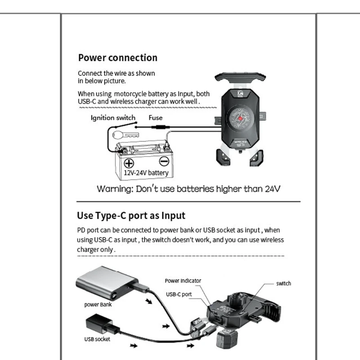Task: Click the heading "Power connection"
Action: (x=117, y=58)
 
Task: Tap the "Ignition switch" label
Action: (x=113, y=118)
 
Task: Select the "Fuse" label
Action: (x=156, y=118)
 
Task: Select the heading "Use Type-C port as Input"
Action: (x=131, y=216)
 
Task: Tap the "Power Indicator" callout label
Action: (x=183, y=280)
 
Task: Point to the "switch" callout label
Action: (x=283, y=283)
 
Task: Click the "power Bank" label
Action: (x=98, y=304)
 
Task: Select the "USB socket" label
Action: (x=97, y=339)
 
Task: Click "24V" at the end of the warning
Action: (x=271, y=189)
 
